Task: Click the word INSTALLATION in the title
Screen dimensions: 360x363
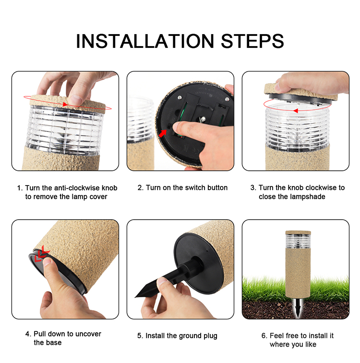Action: pos(145,41)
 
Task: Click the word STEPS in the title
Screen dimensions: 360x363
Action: pos(252,41)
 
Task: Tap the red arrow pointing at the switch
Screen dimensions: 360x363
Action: pos(163,133)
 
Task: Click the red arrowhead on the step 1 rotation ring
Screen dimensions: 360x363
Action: pos(65,105)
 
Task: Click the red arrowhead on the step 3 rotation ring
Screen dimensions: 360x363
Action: pos(295,111)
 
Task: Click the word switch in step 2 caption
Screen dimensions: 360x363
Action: pos(194,187)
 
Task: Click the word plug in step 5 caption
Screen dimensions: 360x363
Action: pos(210,336)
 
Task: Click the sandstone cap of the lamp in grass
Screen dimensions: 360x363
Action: pos(298,233)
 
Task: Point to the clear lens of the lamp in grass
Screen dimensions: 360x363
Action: pos(298,241)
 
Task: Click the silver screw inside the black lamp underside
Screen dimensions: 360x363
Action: pos(203,119)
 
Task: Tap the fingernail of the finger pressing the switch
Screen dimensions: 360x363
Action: pos(176,126)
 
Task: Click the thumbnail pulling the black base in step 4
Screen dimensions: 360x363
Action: pos(47,261)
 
